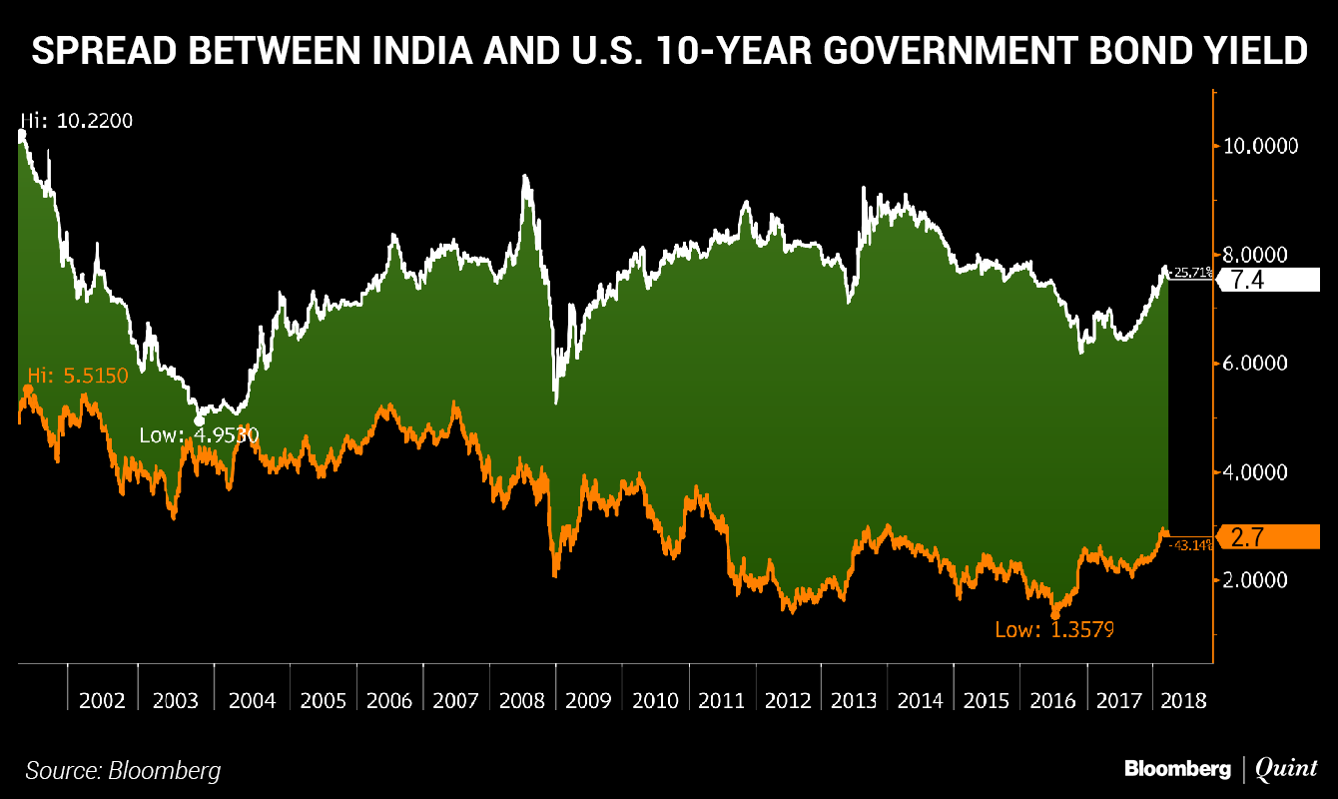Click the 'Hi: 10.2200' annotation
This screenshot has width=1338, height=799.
pos(76,121)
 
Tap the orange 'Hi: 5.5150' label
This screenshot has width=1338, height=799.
pos(78,376)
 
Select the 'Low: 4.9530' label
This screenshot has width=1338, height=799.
pos(198,435)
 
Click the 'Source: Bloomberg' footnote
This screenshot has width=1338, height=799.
pos(123,770)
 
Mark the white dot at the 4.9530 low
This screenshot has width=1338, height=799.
pos(199,421)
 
